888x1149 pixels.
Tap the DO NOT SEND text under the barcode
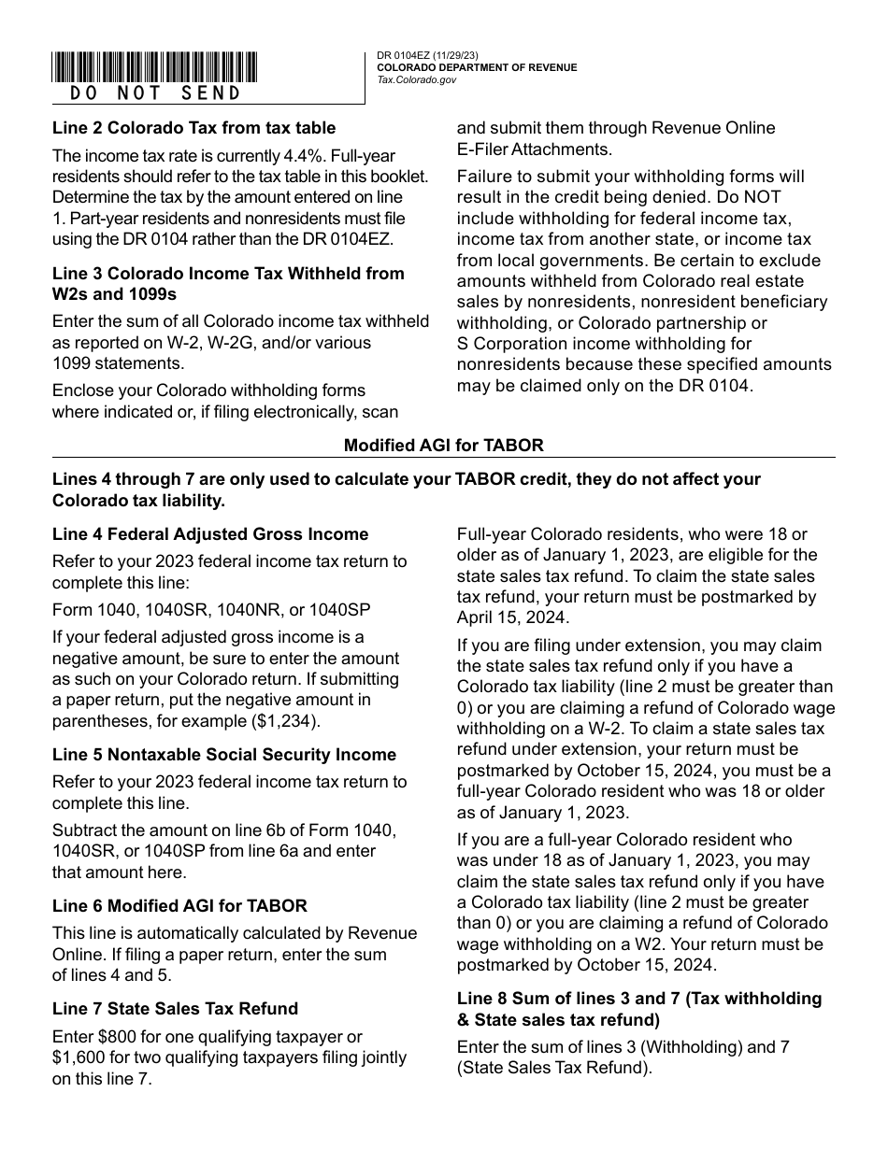[155, 93]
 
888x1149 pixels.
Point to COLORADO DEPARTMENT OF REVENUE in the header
[477, 68]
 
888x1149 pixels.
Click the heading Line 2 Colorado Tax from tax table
[193, 128]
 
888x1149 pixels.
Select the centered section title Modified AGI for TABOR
[443, 446]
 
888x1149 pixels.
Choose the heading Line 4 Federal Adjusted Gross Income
[210, 534]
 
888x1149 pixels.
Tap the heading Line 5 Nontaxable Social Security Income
[224, 755]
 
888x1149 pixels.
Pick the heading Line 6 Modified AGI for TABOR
[179, 905]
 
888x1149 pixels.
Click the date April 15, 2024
[511, 617]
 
